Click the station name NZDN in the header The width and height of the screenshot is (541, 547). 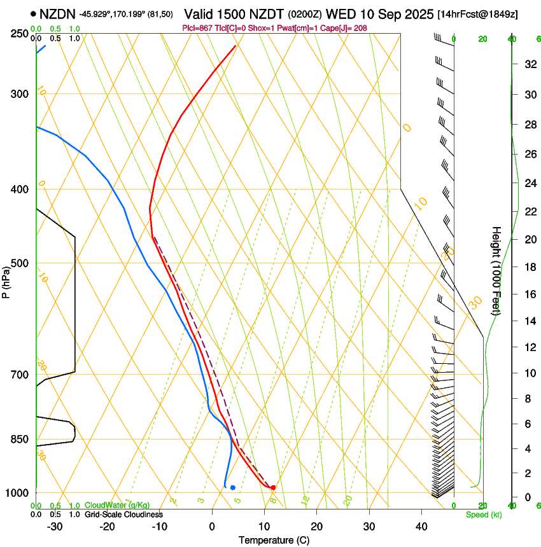[x=57, y=13]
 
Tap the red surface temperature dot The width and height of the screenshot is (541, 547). [x=273, y=488]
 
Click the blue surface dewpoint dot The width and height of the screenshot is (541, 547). [x=233, y=488]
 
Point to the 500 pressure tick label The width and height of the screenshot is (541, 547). [x=20, y=263]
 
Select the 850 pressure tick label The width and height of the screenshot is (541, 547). [x=20, y=440]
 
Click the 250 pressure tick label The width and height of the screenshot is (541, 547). [x=20, y=34]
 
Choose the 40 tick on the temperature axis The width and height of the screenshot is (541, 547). [x=421, y=526]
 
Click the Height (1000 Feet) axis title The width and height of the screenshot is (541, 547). [x=497, y=270]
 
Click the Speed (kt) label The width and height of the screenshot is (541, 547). [x=483, y=515]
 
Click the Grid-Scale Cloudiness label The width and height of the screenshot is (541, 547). [x=123, y=515]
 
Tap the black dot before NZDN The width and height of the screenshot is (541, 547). [x=33, y=13]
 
